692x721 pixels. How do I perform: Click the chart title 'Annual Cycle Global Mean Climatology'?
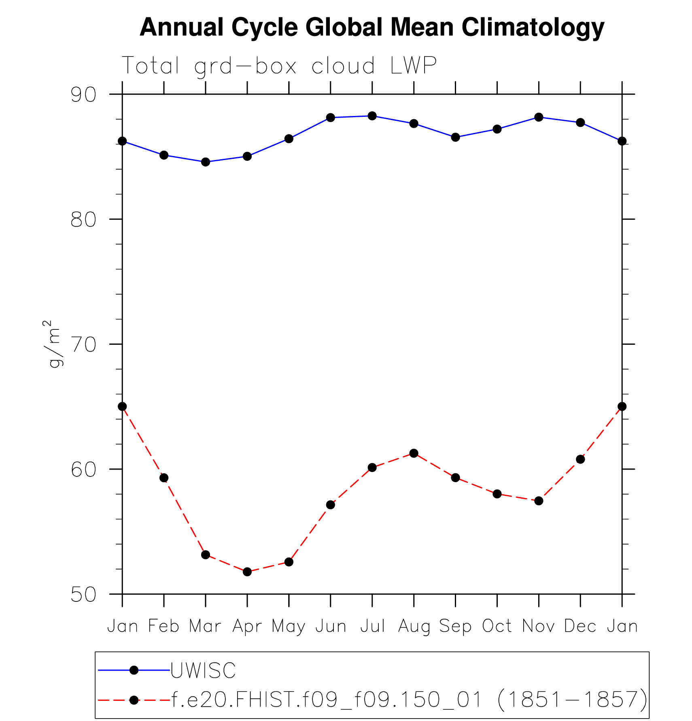[371, 27]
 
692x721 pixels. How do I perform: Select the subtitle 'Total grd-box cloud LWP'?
[279, 65]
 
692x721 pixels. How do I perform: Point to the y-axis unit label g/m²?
[53, 344]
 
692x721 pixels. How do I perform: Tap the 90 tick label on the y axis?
[84, 95]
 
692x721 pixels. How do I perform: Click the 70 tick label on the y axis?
[84, 344]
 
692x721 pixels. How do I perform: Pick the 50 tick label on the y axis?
[84, 595]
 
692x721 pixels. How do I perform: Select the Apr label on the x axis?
[247, 626]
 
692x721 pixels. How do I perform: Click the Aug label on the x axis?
[414, 626]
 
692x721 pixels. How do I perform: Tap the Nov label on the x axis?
[539, 626]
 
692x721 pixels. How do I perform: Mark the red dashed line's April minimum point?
[247, 572]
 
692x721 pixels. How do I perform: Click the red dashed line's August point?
[414, 453]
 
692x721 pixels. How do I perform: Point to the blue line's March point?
[206, 162]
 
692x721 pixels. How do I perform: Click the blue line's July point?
[372, 116]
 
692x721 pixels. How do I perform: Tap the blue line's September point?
[456, 137]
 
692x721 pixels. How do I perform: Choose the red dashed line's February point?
[164, 478]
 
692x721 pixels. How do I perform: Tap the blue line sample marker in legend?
[134, 670]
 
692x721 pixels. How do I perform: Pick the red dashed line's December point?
[580, 460]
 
